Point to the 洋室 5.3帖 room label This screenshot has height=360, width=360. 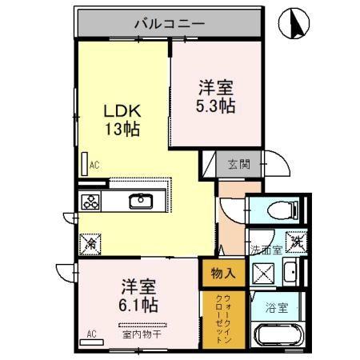click(x=217, y=94)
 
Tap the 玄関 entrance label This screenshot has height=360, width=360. click(x=238, y=164)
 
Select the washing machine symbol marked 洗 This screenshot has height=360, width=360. click(x=293, y=240)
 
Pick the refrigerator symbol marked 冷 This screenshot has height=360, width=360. click(x=91, y=239)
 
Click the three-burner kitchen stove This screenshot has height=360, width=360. click(x=90, y=202)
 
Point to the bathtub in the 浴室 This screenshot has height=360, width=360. click(x=280, y=337)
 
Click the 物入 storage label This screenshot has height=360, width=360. click(x=223, y=273)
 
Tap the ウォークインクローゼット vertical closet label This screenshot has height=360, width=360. click(x=222, y=318)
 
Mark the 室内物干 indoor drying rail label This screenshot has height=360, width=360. click(x=142, y=334)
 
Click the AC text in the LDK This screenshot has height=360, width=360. click(x=94, y=166)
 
